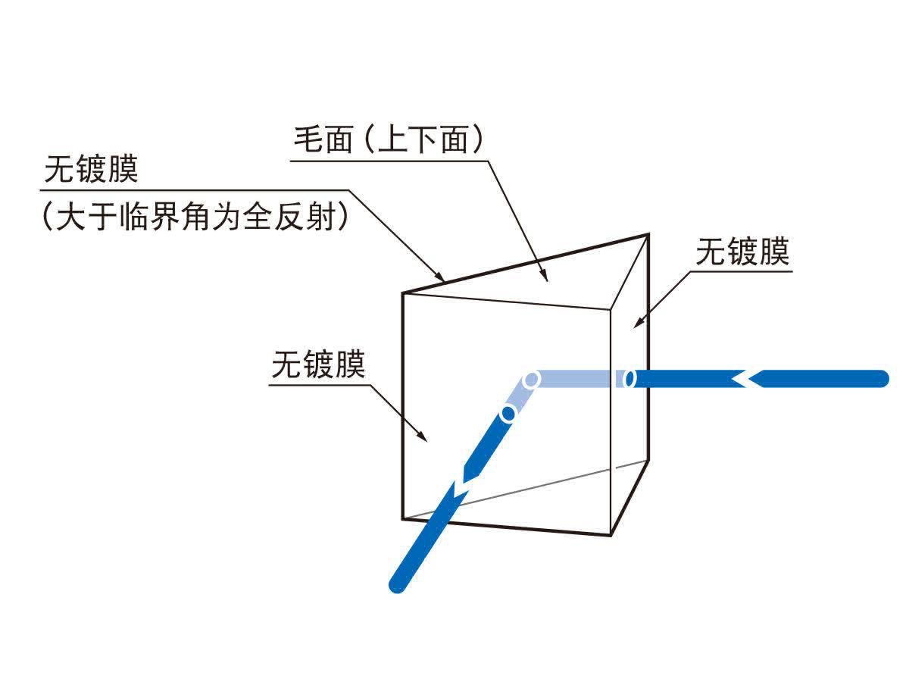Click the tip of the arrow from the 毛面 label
tap(548, 281)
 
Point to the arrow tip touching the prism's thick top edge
tap(444, 282)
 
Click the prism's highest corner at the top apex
tap(648, 234)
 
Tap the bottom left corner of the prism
tap(402, 519)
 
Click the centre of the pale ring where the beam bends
tap(531, 380)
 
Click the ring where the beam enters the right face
tap(629, 378)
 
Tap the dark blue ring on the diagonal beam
tap(508, 413)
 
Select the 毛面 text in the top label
tap(323, 139)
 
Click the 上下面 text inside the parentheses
tap(423, 139)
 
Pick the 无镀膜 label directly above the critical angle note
tap(91, 169)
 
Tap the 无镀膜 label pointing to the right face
tap(742, 252)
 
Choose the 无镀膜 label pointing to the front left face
tap(318, 364)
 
